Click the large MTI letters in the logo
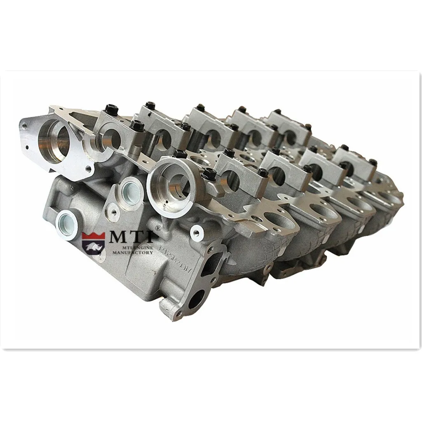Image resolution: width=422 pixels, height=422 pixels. point(131,238)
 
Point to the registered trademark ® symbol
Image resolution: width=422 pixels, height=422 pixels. point(157,227)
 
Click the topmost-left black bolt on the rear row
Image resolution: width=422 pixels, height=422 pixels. point(111,109)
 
